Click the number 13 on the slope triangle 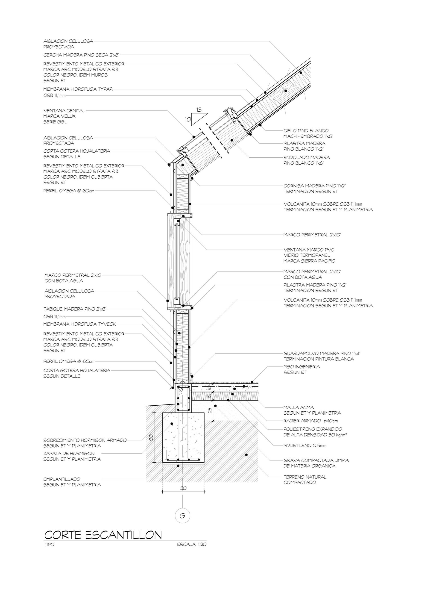(x=199, y=110)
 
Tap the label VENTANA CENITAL (x=64, y=110)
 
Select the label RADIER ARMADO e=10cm (x=310, y=421)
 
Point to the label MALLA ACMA (x=299, y=407)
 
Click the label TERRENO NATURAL (x=305, y=477)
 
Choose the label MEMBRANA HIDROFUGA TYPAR (x=78, y=89)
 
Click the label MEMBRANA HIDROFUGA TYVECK (x=80, y=324)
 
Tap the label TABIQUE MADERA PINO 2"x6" (x=75, y=309)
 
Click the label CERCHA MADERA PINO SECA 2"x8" (x=81, y=55)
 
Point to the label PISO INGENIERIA (x=302, y=366)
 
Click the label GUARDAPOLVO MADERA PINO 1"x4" (x=322, y=353)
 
